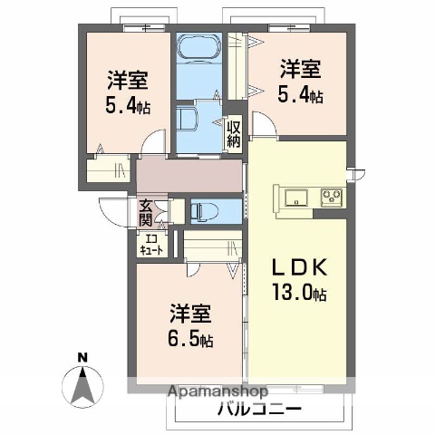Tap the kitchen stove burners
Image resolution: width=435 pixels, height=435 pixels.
pos(330,197)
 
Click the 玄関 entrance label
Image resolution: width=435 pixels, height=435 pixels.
pos(146,213)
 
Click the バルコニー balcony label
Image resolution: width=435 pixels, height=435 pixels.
pos(258,409)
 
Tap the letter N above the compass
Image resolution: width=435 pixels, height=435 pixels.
pos(81,357)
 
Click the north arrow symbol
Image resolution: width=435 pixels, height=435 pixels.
pos(82,385)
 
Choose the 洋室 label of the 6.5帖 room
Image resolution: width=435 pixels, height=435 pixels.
pos(190,316)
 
